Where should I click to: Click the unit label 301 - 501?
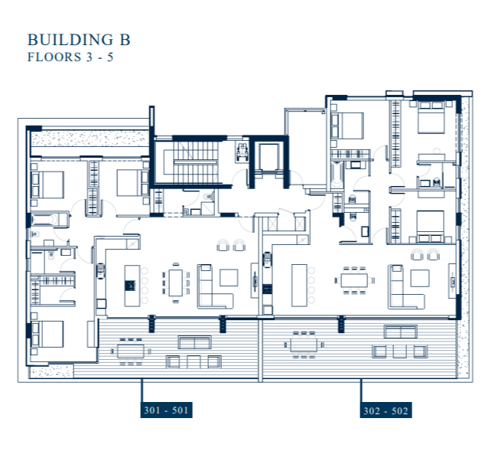(166, 410)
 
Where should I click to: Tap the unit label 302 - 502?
(386, 410)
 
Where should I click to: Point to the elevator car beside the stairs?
(268, 159)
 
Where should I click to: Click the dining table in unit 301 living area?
(177, 281)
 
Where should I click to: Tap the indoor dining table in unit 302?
(356, 280)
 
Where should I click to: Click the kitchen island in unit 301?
(131, 281)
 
